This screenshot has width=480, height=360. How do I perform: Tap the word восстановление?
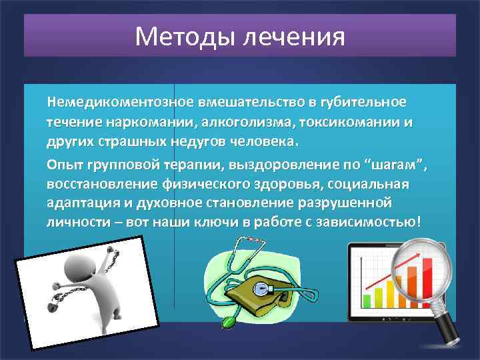92,184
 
